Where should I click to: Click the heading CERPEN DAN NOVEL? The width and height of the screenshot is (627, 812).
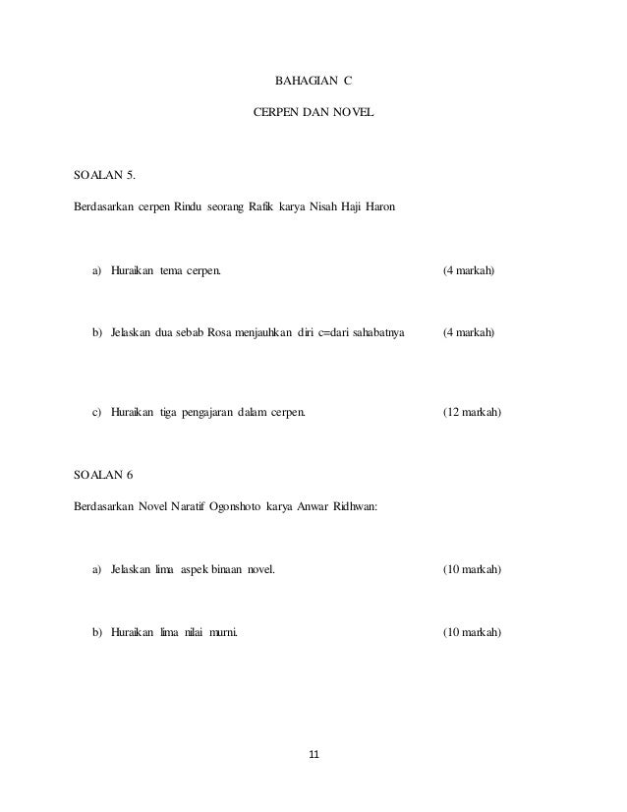313,114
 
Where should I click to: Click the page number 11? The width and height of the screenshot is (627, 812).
313,755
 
